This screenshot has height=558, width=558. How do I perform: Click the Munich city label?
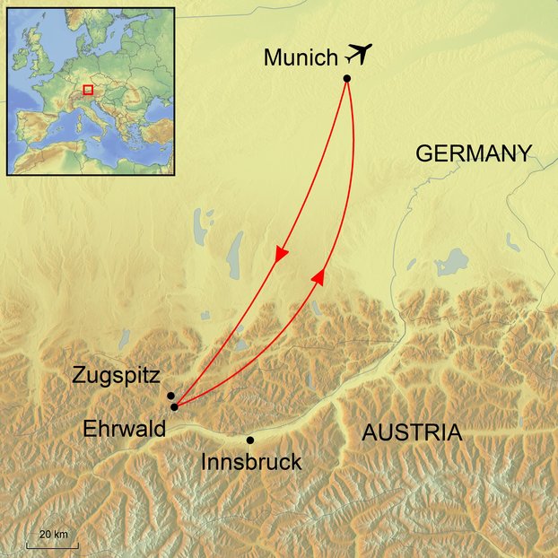(x=301, y=58)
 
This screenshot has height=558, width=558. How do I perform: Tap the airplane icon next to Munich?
(x=357, y=55)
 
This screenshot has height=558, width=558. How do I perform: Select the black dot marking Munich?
(x=346, y=79)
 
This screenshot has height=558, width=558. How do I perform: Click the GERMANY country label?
(x=473, y=153)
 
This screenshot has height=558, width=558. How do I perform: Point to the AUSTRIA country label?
(x=412, y=433)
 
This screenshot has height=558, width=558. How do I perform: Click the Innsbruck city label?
(x=252, y=463)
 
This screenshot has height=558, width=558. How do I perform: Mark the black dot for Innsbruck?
(x=249, y=440)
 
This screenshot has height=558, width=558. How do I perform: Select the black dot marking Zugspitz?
(x=170, y=395)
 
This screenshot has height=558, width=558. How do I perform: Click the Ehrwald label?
(x=124, y=430)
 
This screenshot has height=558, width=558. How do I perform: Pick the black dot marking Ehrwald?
(x=174, y=406)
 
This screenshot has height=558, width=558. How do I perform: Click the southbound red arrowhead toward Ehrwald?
(x=281, y=255)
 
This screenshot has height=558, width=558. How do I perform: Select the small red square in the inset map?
(x=88, y=90)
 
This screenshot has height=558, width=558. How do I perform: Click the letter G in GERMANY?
(x=423, y=153)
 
